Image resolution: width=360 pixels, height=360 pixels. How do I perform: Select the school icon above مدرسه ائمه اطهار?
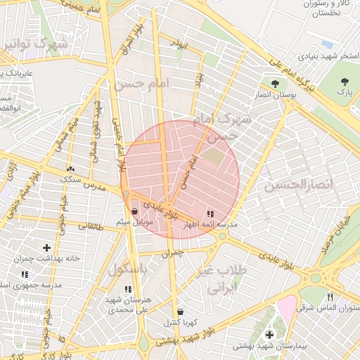point(210,213)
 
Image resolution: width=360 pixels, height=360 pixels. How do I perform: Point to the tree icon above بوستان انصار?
point(274,84)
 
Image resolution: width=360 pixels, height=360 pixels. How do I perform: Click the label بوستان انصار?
point(273,96)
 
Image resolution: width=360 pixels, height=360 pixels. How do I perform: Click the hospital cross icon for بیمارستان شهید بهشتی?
point(269,335)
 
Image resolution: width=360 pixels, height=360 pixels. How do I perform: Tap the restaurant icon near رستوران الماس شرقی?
point(330,297)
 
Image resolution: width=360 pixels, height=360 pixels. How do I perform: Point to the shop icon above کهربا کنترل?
point(181,311)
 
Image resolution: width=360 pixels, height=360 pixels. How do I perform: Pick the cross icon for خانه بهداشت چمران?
point(47,247)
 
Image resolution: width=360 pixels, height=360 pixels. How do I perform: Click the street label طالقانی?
point(90,226)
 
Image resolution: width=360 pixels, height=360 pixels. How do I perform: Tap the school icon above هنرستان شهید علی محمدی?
point(127,289)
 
